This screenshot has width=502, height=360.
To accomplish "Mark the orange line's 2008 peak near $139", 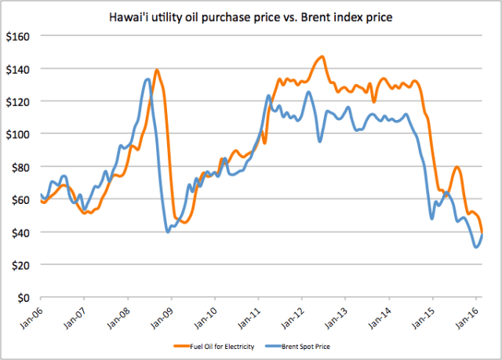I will pyautogui.click(x=157, y=70).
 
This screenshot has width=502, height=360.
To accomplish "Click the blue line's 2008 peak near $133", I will pyautogui.click(x=147, y=79).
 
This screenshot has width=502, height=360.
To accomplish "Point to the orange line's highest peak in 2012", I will pyautogui.click(x=321, y=56).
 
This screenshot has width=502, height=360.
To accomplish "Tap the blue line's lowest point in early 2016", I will pyautogui.click(x=476, y=247).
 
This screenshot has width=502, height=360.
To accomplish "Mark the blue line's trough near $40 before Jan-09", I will pyautogui.click(x=168, y=231).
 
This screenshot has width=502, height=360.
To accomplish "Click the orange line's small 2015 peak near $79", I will pyautogui.click(x=457, y=168).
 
